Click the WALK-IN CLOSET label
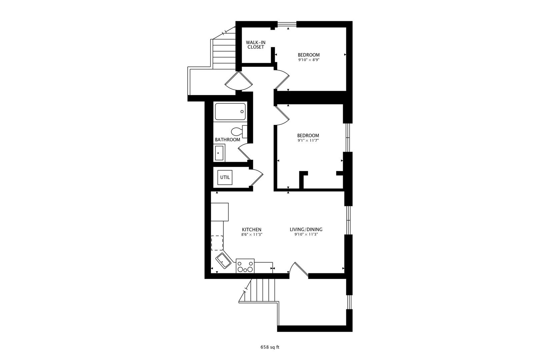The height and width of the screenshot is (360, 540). pos(255,45)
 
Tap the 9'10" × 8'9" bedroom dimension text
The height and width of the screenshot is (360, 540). pos(308,60)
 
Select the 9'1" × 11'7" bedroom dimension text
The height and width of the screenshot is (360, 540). pos(308,140)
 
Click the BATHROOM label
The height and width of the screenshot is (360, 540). pos(227,140)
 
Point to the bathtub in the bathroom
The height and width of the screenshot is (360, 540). pos(230,112)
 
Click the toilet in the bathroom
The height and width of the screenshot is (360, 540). pos(238,131)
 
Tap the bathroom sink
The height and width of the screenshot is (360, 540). pos(219,153)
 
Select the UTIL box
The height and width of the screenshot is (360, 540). pos(225,177)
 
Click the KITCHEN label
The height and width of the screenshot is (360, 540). pos(251,229)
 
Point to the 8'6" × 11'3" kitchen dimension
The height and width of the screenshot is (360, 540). pos(251,235)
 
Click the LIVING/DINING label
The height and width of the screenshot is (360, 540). pos(306,229)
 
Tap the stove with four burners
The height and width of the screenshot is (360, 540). pos(245,266)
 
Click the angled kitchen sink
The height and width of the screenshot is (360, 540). pos(223,260)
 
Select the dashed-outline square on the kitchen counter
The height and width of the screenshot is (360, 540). pos(217,243)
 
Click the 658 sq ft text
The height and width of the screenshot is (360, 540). pos(270,347)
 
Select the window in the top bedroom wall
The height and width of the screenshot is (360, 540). pos(287,24)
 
